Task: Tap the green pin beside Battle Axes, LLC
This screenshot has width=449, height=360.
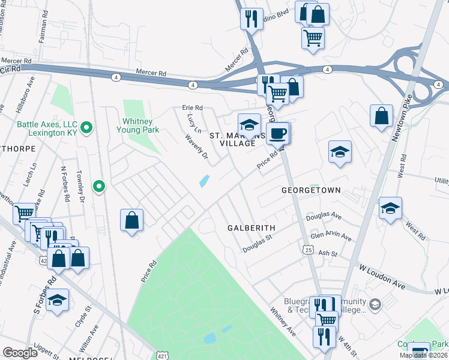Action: tap(86, 127)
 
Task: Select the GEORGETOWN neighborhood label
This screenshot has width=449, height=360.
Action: tap(311, 190)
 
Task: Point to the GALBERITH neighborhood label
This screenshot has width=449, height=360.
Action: tap(251, 228)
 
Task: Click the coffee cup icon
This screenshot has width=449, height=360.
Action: tap(277, 133)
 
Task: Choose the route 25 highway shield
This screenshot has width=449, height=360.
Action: tap(307, 248)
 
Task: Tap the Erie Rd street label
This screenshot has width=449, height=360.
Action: tap(193, 108)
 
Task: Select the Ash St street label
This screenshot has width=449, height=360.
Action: tap(324, 254)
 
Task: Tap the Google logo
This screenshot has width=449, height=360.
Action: tap(20, 352)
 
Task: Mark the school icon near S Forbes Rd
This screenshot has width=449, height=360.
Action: tap(58, 301)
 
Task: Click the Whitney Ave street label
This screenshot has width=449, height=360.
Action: tap(283, 322)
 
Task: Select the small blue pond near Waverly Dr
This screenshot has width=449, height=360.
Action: tap(204, 181)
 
